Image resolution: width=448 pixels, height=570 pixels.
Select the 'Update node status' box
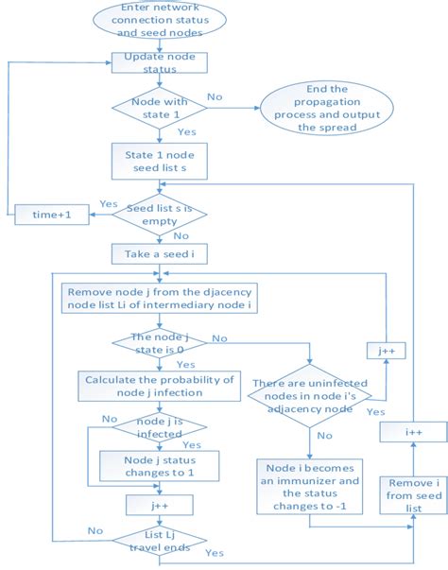click(159, 63)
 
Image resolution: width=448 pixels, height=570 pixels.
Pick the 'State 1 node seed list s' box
click(159, 161)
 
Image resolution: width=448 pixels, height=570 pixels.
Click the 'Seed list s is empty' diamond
click(159, 215)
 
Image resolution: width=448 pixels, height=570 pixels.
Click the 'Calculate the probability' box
click(156, 386)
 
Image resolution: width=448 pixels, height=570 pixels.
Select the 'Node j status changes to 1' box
click(159, 464)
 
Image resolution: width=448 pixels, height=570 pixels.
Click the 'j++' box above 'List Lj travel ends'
click(159, 505)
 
